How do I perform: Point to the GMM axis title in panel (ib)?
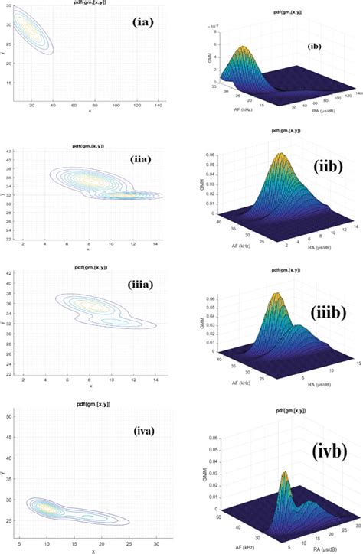tap(201, 60)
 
